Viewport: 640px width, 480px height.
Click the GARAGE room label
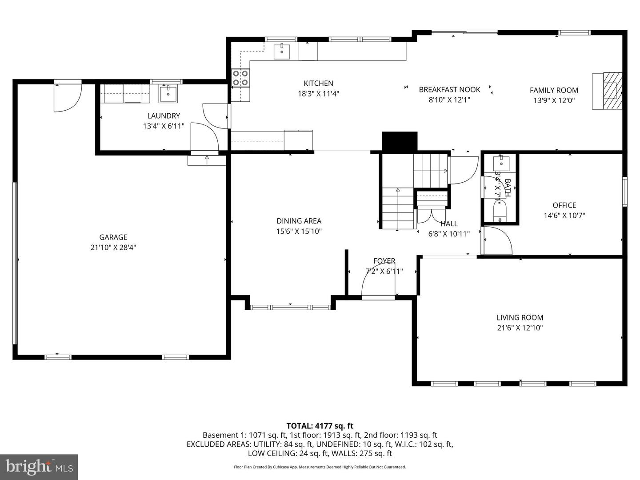[x=113, y=237]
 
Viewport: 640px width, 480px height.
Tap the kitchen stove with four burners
[x=240, y=78]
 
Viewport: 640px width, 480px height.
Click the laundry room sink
[x=168, y=94]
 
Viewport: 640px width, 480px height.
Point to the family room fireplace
[x=608, y=91]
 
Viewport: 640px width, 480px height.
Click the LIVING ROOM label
[x=520, y=317]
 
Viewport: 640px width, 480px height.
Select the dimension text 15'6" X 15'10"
[x=299, y=231]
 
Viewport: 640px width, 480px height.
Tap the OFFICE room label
[x=564, y=205]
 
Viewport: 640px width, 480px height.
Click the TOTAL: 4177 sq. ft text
[x=320, y=426]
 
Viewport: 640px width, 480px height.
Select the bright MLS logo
[x=39, y=467]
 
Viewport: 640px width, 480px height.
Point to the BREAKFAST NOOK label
[x=449, y=89]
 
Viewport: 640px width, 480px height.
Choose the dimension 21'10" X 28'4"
[x=113, y=248]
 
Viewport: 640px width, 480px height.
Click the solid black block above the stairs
[x=400, y=142]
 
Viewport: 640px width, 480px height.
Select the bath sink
[x=503, y=162]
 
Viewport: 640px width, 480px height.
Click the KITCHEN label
[x=318, y=83]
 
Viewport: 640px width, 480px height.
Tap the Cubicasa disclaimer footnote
[x=320, y=467]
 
